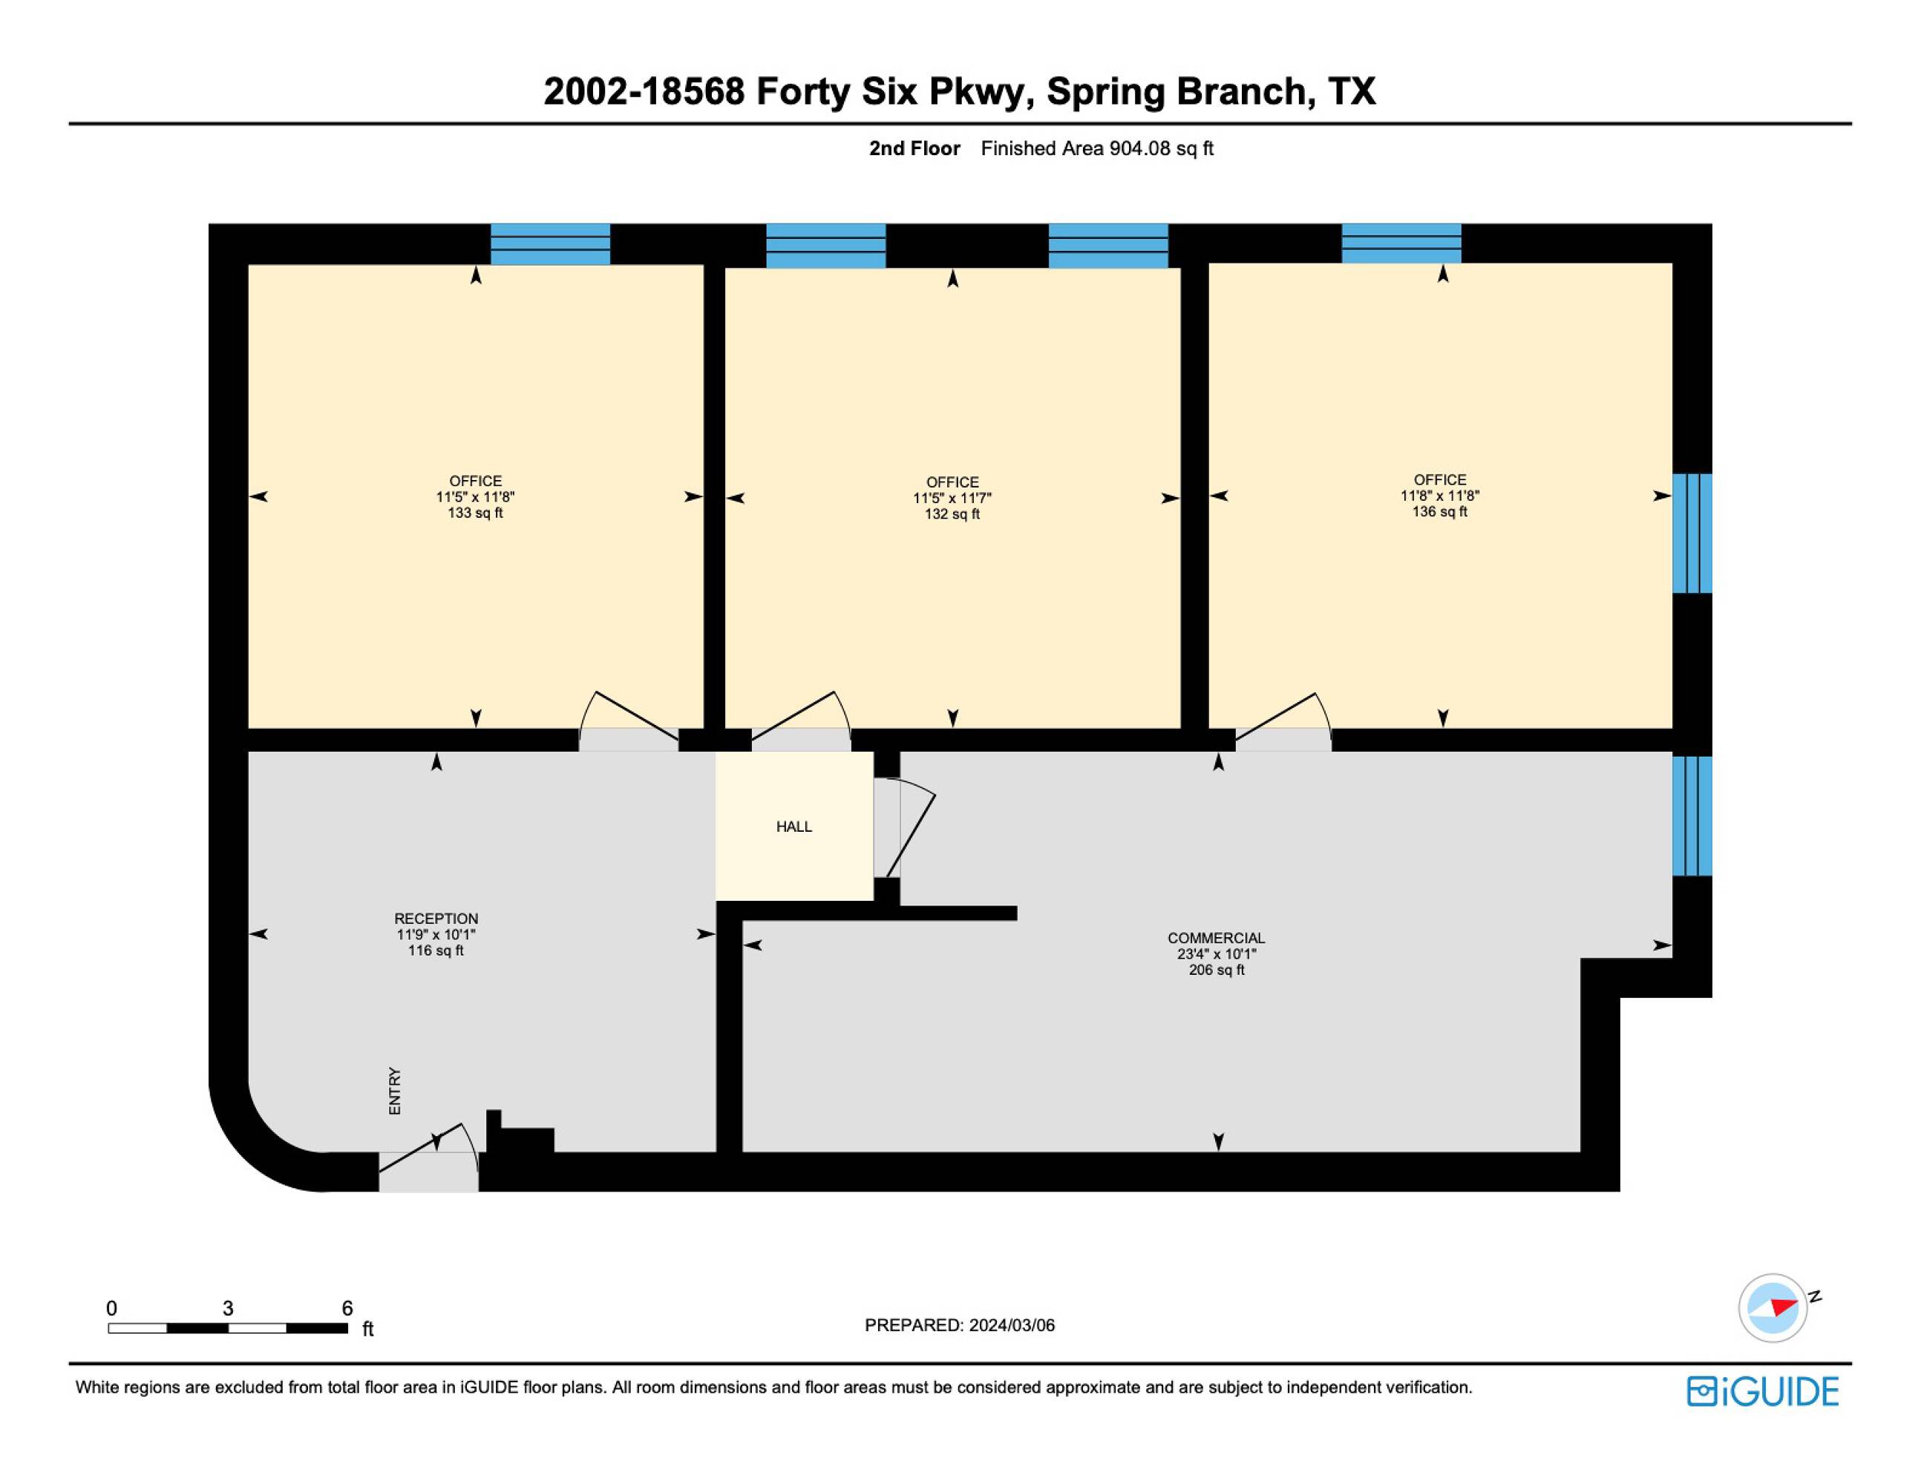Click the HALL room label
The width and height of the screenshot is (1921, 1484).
[x=793, y=827]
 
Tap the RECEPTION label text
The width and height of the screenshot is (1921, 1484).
[x=436, y=919]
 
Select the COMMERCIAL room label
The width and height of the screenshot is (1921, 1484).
[x=1217, y=938]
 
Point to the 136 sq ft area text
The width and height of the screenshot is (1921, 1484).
[x=1440, y=512]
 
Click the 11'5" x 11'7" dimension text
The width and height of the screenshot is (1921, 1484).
[x=952, y=499]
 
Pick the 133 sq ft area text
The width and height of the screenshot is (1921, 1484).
[x=475, y=513]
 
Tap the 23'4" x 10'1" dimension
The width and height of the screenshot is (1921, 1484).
[x=1217, y=954]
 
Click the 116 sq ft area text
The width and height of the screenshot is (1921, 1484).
[x=436, y=951]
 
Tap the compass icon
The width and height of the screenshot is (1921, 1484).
[x=1773, y=1307]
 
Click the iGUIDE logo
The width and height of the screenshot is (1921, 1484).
[x=1763, y=1392]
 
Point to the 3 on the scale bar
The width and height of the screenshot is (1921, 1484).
[x=228, y=1308]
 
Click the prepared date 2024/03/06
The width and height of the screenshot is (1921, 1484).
[x=1012, y=1326]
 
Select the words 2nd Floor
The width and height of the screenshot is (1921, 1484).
[x=914, y=148]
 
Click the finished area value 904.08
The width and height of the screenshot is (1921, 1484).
[x=1140, y=148]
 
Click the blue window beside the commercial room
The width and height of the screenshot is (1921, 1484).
[x=1692, y=816]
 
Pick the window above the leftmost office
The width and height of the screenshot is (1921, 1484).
[x=551, y=244]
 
